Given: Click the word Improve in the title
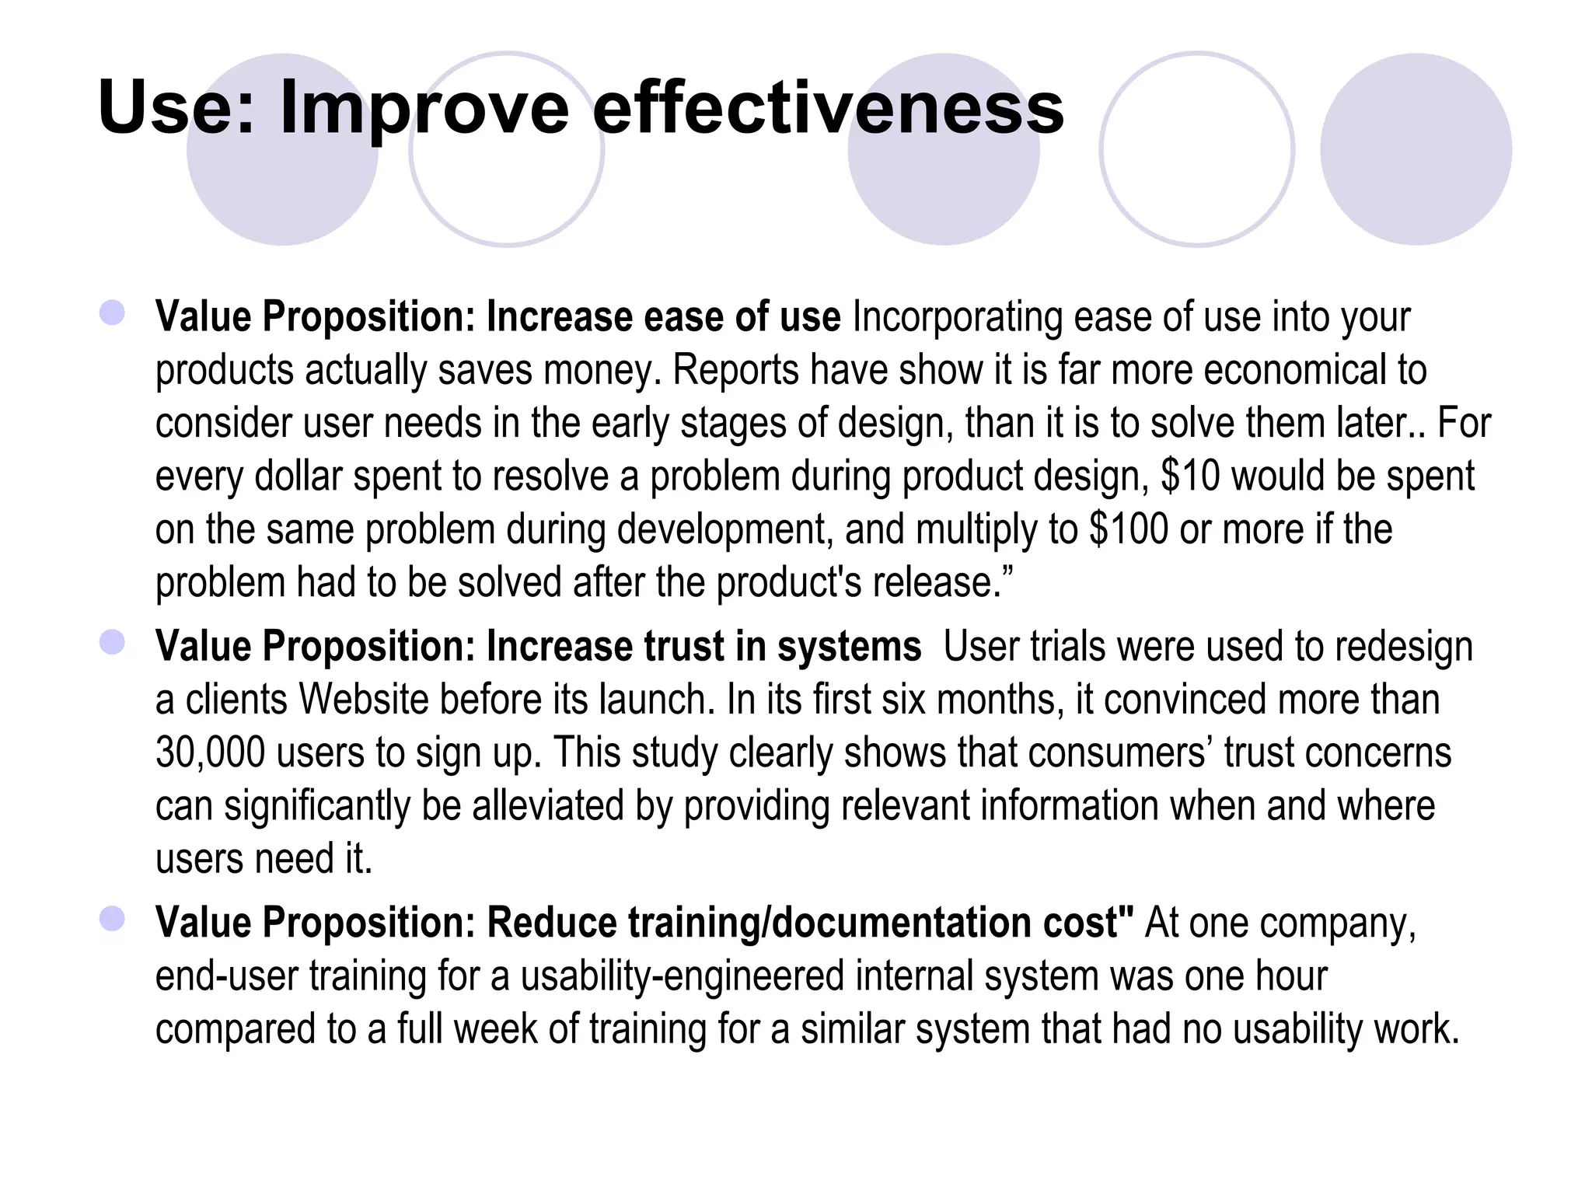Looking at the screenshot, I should [x=424, y=109].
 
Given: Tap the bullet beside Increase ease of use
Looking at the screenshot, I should [x=113, y=313].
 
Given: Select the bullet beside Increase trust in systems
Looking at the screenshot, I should [x=113, y=643].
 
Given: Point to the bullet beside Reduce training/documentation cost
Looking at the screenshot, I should [x=113, y=920].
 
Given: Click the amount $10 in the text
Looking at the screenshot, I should [x=1190, y=476].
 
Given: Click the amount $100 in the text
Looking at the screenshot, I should [x=1128, y=529].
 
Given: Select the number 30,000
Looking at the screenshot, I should [x=210, y=752].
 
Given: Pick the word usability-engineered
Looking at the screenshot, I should [x=683, y=976].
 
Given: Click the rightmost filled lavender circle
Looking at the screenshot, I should [x=1416, y=149].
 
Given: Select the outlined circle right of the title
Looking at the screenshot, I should [x=1196, y=149].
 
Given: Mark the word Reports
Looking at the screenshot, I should [x=735, y=370].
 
